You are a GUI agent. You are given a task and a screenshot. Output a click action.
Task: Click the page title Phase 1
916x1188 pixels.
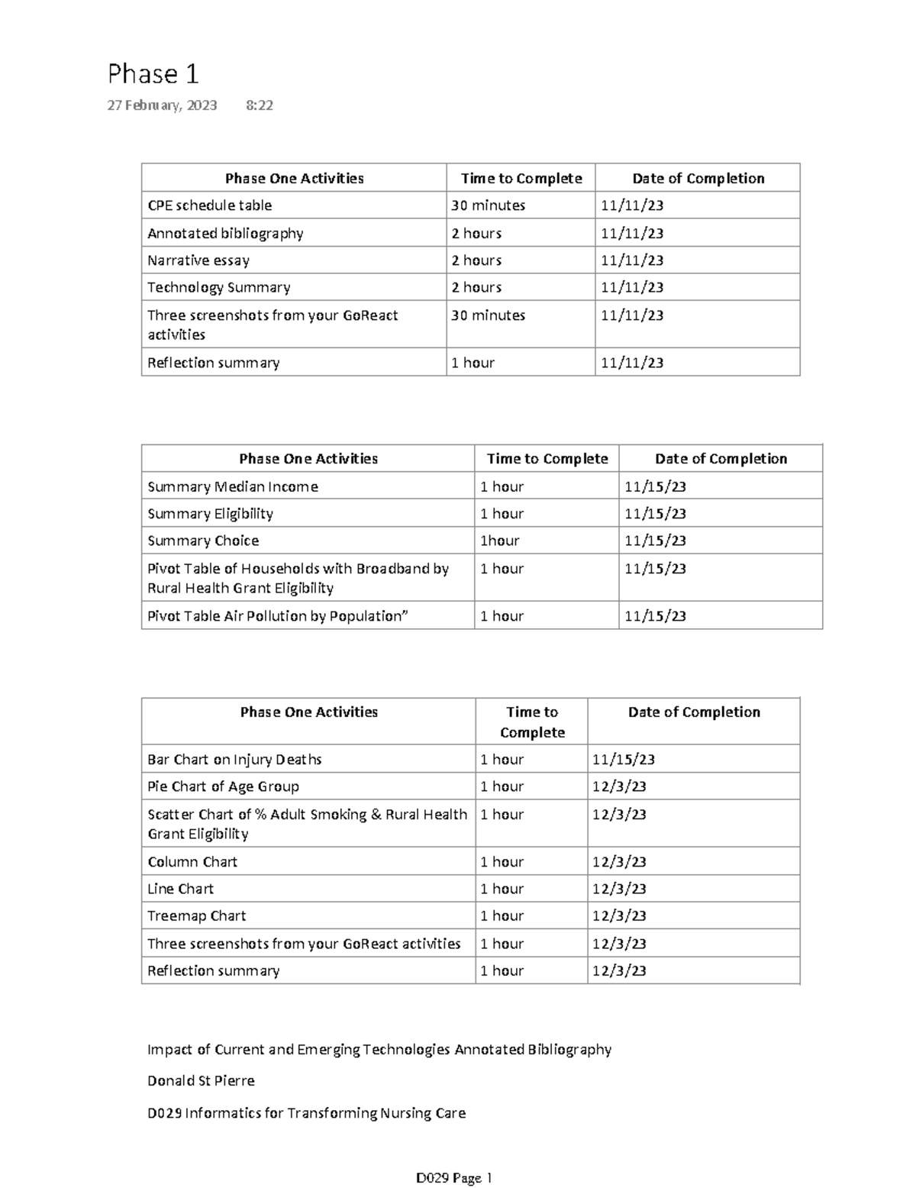click(x=153, y=74)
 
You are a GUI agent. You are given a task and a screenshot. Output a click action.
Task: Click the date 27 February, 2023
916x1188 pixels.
click(x=162, y=105)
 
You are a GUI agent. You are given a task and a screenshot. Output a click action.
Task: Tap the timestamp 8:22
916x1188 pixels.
click(x=260, y=105)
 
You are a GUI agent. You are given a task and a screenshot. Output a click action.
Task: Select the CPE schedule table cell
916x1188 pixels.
click(x=209, y=205)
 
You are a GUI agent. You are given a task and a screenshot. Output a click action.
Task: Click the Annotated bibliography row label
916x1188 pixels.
click(x=225, y=233)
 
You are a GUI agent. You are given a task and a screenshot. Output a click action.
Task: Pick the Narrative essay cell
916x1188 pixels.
click(x=198, y=260)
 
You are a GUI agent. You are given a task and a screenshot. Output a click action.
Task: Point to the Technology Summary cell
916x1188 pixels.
click(x=218, y=287)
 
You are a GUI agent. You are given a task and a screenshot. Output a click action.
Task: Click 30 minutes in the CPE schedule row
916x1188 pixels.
click(x=488, y=205)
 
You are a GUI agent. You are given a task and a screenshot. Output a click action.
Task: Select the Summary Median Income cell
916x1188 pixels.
click(x=233, y=486)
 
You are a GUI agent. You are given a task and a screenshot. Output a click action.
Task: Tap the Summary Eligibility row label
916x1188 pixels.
click(x=210, y=514)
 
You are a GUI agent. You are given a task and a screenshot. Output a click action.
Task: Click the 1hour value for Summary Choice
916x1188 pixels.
click(x=499, y=541)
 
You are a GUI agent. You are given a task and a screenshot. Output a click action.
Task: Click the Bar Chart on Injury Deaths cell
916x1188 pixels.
click(x=234, y=760)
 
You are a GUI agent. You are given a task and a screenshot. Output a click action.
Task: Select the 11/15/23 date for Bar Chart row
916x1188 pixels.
click(x=623, y=760)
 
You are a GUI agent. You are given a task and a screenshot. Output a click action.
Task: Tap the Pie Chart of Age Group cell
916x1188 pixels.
click(x=223, y=786)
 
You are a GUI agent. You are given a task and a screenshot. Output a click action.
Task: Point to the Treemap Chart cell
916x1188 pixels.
click(x=196, y=915)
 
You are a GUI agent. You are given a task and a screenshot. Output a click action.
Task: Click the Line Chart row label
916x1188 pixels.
click(x=180, y=889)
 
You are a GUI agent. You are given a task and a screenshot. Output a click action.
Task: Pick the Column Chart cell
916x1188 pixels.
click(x=192, y=862)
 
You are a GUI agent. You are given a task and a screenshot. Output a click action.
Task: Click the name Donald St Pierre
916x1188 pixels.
click(x=201, y=1080)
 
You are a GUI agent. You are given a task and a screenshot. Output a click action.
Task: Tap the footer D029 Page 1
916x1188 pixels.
click(x=453, y=1177)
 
